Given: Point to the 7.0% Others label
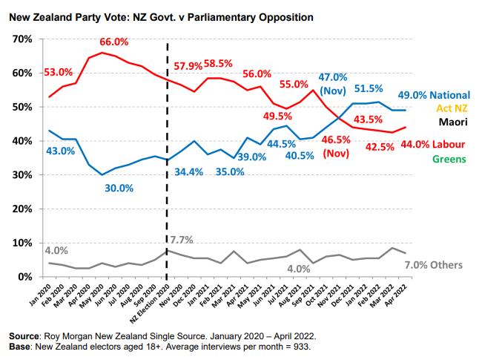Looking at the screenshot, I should click(434, 265).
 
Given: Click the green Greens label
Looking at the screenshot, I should click(449, 159).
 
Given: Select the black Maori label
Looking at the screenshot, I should click(452, 122).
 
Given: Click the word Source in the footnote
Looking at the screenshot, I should click(24, 336).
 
